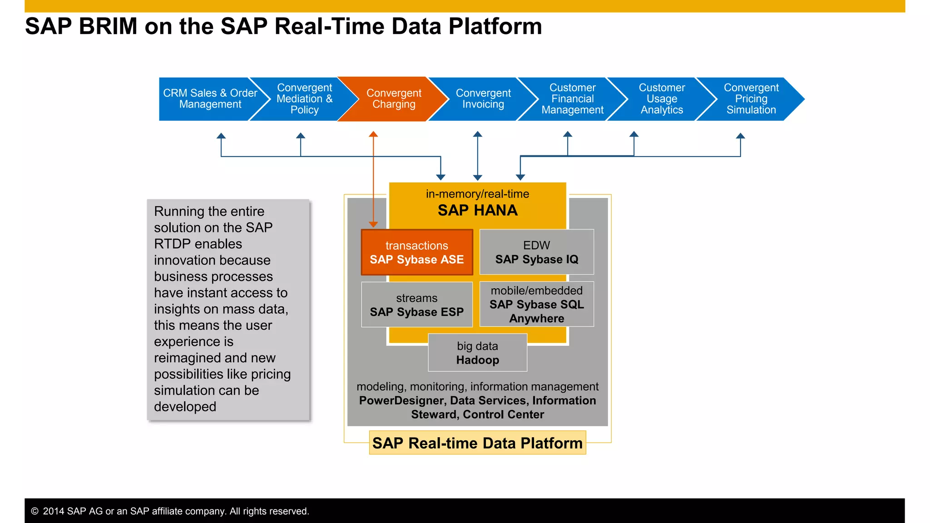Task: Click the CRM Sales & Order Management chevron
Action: coord(210,99)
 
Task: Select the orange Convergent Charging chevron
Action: coord(393,99)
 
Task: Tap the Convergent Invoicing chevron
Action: coord(483,99)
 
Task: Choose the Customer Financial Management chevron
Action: coord(572,99)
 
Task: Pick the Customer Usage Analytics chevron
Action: coord(662,99)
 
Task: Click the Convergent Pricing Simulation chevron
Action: coord(751,99)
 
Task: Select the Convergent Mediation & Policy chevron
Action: coord(304,99)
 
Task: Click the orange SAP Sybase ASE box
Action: coord(416,252)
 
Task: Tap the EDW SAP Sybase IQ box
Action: coord(536,252)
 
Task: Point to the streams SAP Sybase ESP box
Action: coord(416,305)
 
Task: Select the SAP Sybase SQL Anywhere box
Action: coord(536,304)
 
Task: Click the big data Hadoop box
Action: coord(477,353)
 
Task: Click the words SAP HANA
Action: coord(477,211)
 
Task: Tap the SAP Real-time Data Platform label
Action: coord(477,443)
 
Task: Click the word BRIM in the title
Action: coord(108,26)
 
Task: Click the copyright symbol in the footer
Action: coord(35,511)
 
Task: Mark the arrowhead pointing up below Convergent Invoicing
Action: coord(477,134)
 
